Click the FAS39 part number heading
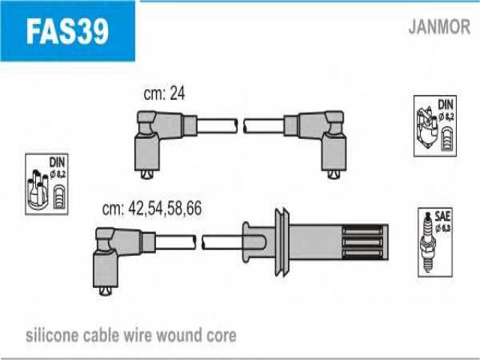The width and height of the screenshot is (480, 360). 67,31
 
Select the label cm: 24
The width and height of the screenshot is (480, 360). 163,93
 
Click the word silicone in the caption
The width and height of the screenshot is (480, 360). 50,334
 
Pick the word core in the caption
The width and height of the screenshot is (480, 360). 221,334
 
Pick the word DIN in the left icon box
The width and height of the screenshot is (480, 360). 56,162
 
